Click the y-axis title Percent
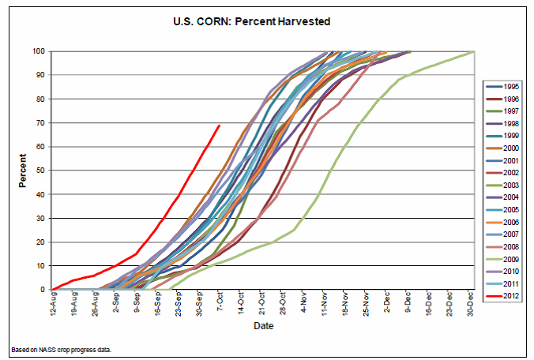24,171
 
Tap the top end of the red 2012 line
220,125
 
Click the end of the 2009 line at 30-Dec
472,51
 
